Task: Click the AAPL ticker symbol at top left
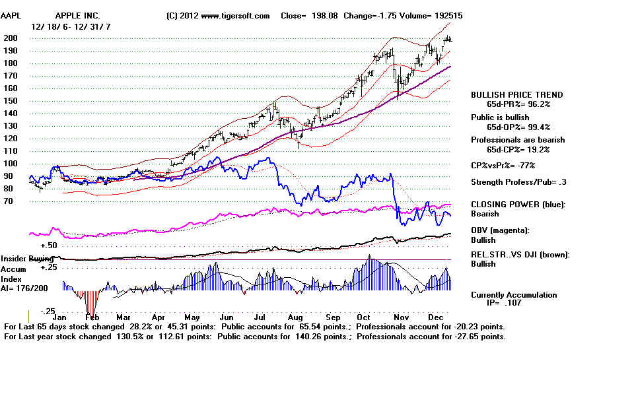pos(15,15)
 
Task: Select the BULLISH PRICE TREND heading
pos(516,95)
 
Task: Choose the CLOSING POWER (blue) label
pos(518,205)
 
